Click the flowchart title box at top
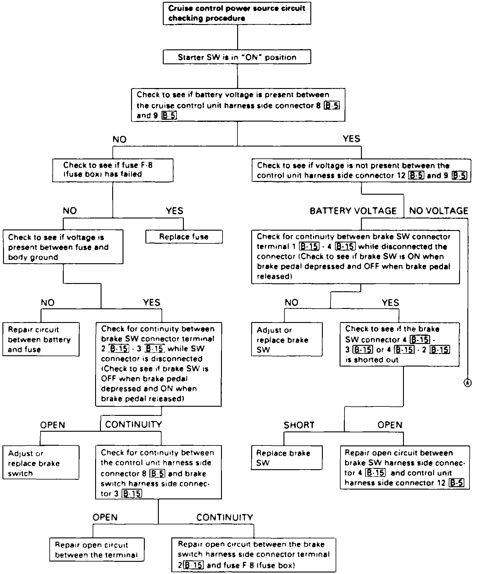tap(237, 13)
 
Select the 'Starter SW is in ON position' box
tap(237, 57)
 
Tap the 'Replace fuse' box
tap(184, 237)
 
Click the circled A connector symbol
tap(467, 383)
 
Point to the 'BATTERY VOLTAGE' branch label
tap(353, 211)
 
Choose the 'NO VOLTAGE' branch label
tap(438, 211)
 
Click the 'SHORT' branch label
tap(299, 425)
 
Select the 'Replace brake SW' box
tap(286, 458)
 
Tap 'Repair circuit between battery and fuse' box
tap(41, 339)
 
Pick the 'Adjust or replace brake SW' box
tap(287, 339)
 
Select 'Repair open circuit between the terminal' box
tap(97, 550)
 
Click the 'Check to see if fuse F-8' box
tap(112, 170)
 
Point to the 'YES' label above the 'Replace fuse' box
tap(174, 211)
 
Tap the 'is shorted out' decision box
tap(399, 344)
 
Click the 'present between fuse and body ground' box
tap(63, 247)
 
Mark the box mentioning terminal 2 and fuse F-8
tap(254, 555)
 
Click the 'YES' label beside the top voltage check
tap(351, 139)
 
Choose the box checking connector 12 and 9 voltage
tap(361, 170)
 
